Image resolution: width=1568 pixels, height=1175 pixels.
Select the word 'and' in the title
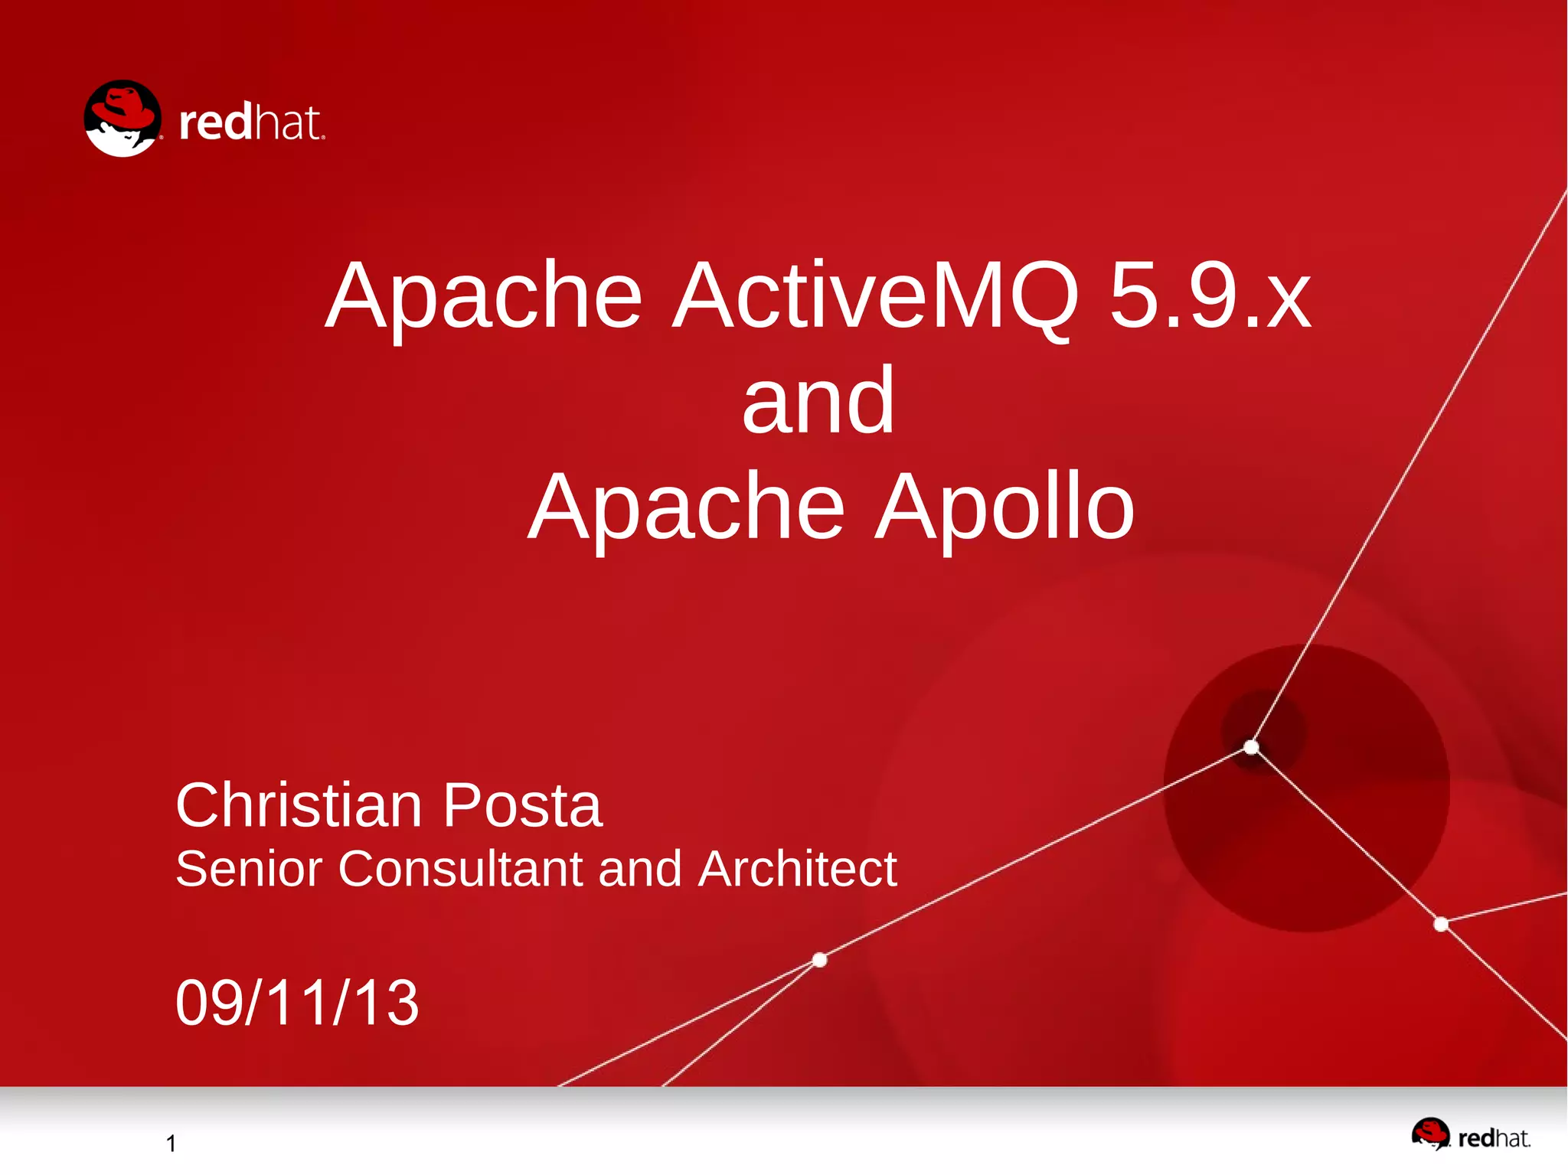click(818, 401)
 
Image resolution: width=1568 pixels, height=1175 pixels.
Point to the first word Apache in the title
click(483, 297)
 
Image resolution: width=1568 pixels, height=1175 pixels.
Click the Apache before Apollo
click(687, 508)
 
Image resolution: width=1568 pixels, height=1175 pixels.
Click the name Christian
click(299, 805)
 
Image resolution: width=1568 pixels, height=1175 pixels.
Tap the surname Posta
click(522, 805)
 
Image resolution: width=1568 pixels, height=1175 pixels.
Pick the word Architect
click(797, 869)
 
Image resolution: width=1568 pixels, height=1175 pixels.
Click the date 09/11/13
click(297, 1003)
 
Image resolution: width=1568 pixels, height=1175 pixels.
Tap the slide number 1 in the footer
click(171, 1144)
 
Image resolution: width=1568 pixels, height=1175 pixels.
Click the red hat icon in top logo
click(122, 119)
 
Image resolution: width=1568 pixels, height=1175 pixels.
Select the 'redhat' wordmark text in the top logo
click(251, 123)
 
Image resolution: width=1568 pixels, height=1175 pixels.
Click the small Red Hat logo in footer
click(1470, 1135)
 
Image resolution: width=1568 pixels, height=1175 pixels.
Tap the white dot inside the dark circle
click(1251, 746)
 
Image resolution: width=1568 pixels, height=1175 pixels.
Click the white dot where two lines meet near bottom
click(819, 960)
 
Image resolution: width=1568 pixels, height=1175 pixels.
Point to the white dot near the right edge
click(1441, 925)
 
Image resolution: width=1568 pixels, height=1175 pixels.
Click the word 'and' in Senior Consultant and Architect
click(639, 869)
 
